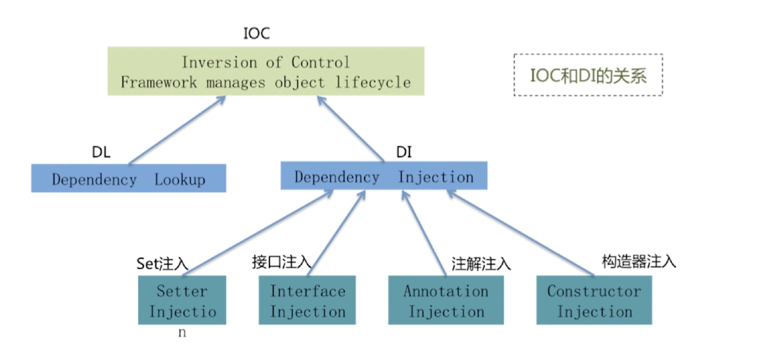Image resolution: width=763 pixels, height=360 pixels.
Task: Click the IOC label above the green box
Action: coord(256,33)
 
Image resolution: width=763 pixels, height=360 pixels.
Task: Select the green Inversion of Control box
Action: coord(266,71)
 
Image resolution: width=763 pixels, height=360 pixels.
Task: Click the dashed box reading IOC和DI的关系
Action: coord(588,75)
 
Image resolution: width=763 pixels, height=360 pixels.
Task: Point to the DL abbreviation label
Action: coord(101,152)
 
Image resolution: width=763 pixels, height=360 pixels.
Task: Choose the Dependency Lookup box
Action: coord(128,178)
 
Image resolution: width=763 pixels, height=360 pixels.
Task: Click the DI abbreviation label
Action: coord(404,152)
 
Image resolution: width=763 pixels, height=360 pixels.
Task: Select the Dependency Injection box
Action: coord(384,176)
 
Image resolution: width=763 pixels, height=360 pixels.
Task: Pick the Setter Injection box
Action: coord(182,300)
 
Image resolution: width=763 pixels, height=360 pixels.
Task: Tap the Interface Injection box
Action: coord(307,300)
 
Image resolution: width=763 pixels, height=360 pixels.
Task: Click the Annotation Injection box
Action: coord(446,300)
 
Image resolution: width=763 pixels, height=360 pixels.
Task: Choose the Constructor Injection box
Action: coord(594,300)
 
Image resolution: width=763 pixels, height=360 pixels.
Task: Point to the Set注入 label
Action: coord(162,264)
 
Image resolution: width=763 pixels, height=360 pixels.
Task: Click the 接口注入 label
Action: coord(281,262)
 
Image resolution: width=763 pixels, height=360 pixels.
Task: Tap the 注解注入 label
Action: coord(481,264)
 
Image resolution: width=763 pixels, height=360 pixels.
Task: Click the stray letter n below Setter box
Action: coord(182,333)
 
